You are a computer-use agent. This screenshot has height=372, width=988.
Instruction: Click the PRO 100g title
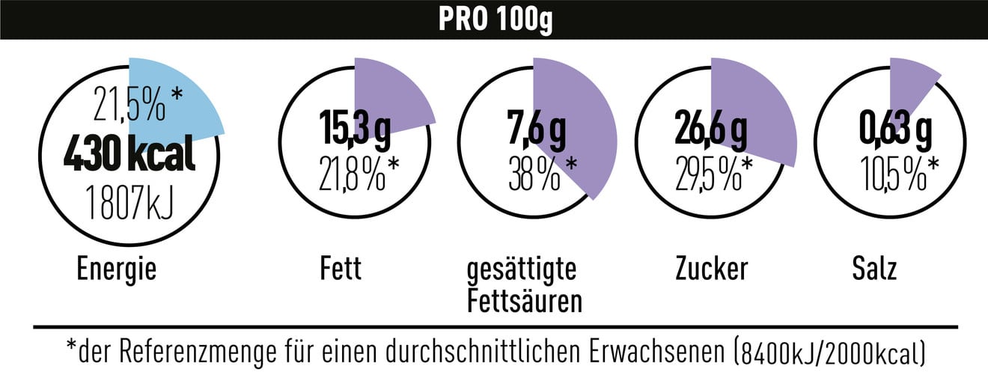click(494, 19)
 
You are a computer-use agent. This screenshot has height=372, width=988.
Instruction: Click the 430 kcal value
click(129, 156)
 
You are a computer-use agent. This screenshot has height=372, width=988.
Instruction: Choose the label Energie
click(117, 269)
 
